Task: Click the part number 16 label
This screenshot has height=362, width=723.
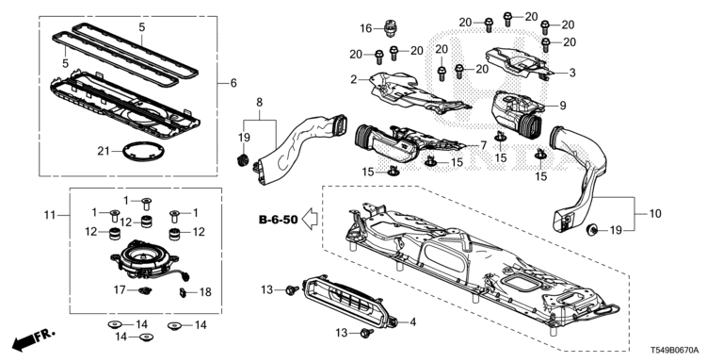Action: pos(365,28)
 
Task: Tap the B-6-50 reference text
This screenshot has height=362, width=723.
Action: pos(279,220)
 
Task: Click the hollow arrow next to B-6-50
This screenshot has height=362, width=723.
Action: pos(310,219)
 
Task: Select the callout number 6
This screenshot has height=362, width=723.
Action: pos(233,83)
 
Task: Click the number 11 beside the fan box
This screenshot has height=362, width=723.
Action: pos(50,215)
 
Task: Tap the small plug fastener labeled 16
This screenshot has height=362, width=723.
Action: pos(391,28)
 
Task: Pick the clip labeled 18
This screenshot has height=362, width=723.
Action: pos(183,293)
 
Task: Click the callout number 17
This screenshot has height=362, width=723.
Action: pos(120,289)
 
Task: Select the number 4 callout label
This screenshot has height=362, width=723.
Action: pos(413,321)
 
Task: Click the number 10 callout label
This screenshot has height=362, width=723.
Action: pos(655,214)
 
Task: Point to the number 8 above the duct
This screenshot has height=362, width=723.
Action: pos(259,103)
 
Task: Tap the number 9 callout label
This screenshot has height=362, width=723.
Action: pos(563,106)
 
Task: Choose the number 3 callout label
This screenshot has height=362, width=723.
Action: pos(572,73)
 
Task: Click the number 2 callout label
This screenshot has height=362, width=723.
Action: pos(354,80)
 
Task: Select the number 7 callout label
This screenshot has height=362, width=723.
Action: pos(483,145)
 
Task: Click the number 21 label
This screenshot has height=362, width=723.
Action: pos(104,151)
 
